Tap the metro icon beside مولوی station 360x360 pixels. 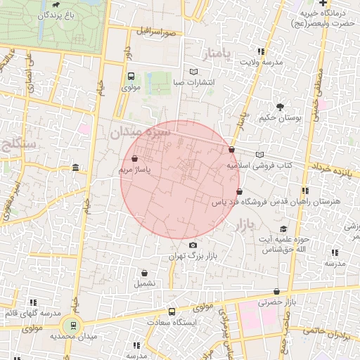tap(131, 77)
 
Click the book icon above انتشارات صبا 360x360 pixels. tap(194, 72)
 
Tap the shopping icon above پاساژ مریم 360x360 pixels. tap(135, 159)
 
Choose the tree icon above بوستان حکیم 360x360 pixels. tap(281, 108)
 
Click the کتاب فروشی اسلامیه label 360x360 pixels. tap(258, 166)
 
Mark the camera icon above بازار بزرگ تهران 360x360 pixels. tap(193, 245)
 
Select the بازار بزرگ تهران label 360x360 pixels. tap(190, 257)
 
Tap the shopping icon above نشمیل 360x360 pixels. tap(144, 274)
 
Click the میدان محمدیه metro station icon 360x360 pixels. tap(70, 325)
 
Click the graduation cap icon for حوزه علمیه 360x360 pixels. tap(283, 229)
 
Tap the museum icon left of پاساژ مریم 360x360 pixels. tap(75, 167)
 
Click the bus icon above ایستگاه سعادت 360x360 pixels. tap(172, 311)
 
